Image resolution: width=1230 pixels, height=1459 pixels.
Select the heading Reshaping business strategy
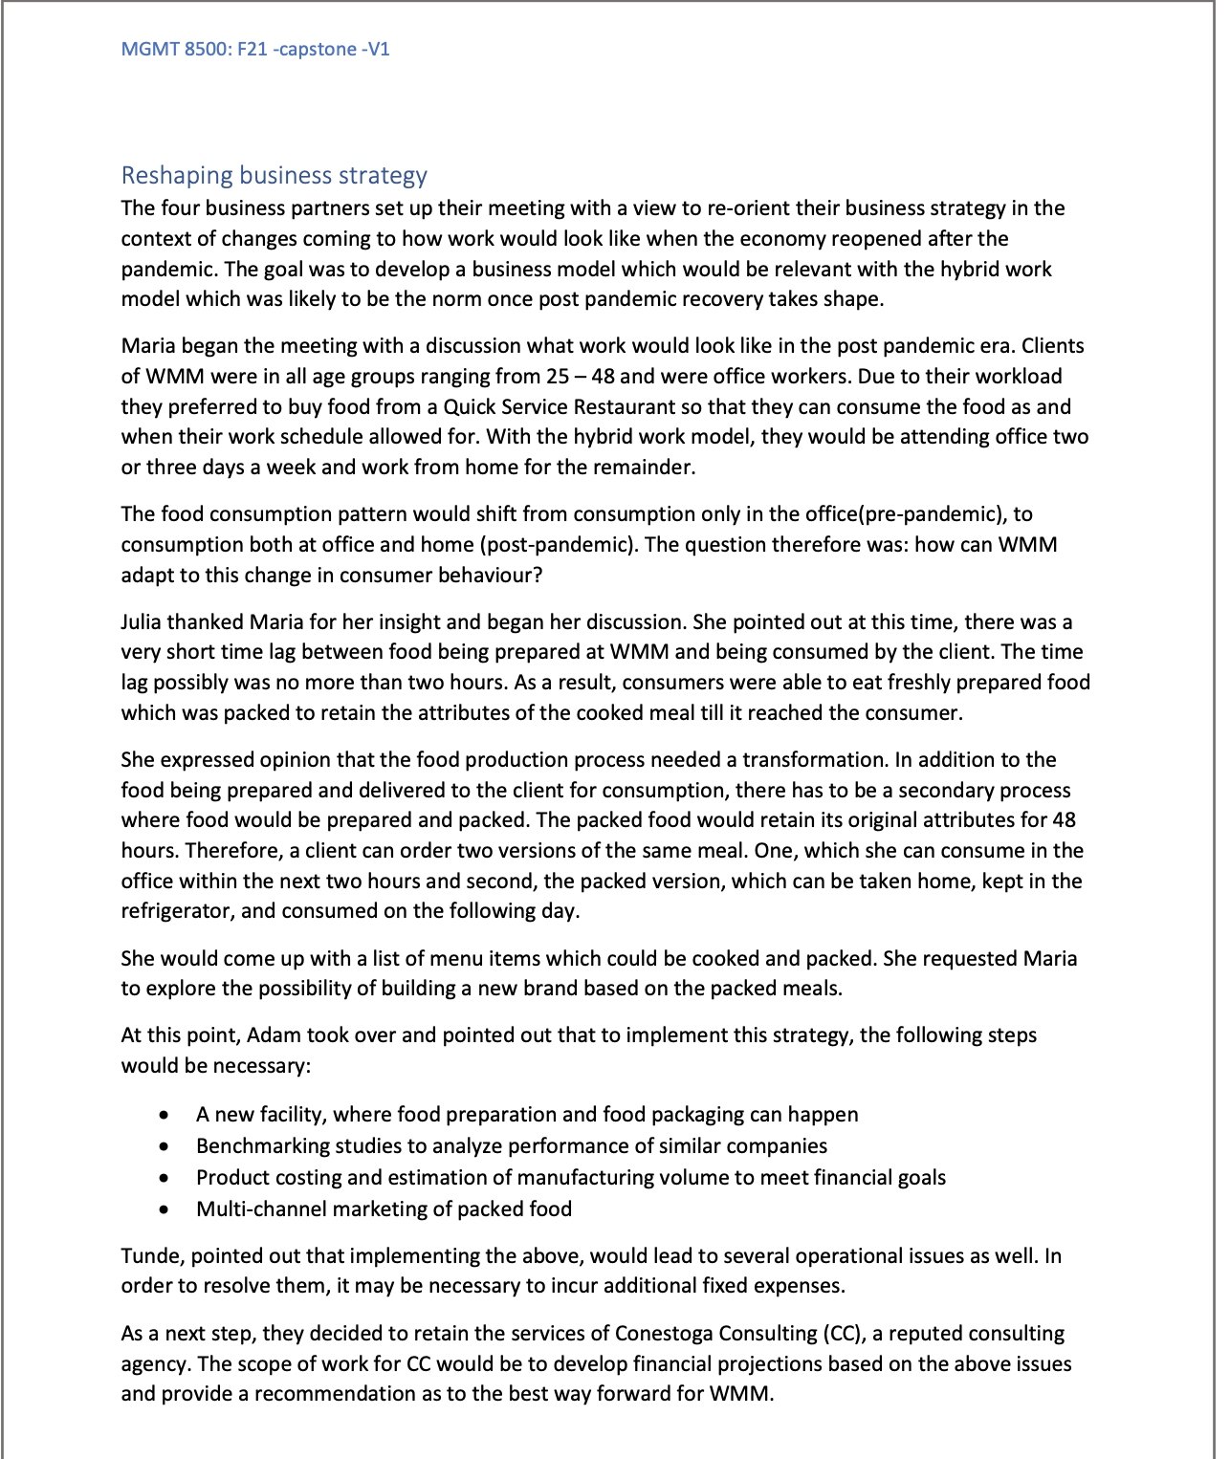[x=274, y=176]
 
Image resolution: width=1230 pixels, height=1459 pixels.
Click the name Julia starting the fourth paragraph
[x=142, y=622]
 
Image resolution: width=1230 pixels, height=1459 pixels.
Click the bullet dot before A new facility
[x=166, y=1116]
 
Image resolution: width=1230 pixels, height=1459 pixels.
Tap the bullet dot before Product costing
[x=166, y=1178]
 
